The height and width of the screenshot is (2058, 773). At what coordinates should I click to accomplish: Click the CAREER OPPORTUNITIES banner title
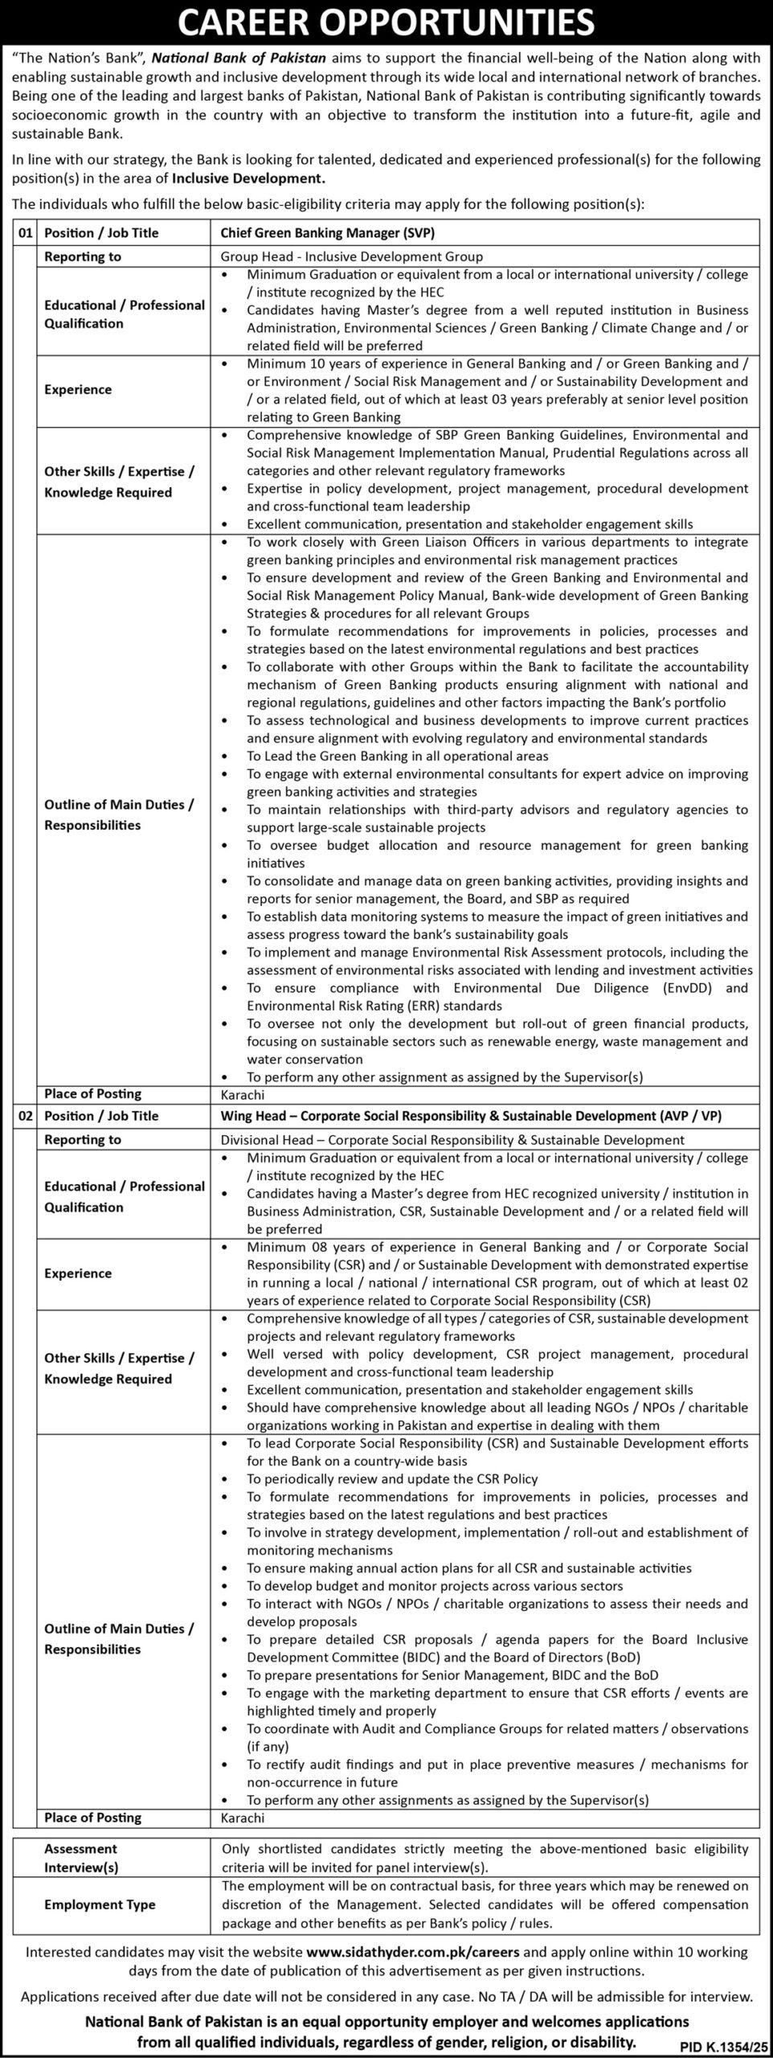pyautogui.click(x=386, y=24)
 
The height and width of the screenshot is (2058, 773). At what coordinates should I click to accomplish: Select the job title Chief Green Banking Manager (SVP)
pyautogui.click(x=322, y=233)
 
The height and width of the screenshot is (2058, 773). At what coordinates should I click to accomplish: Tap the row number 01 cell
pyautogui.click(x=25, y=233)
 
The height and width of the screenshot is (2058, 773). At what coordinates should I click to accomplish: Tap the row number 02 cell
pyautogui.click(x=25, y=1116)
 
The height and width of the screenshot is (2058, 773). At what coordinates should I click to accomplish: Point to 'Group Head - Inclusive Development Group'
pyautogui.click(x=352, y=256)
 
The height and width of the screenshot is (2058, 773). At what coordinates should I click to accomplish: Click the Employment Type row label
pyautogui.click(x=100, y=1904)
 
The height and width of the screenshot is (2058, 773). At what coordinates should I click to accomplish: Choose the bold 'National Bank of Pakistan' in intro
pyautogui.click(x=239, y=59)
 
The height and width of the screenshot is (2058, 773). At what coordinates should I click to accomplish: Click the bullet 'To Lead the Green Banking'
pyautogui.click(x=397, y=756)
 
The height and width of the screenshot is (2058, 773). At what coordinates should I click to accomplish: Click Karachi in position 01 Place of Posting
pyautogui.click(x=243, y=1094)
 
